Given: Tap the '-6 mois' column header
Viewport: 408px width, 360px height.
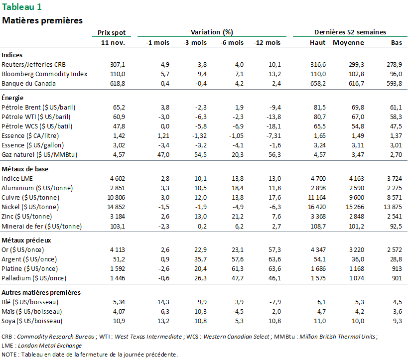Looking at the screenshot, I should (x=232, y=42).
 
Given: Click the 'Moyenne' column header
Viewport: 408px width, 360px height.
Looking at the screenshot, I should (x=348, y=42).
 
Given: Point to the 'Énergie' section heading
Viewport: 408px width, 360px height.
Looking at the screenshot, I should (x=13, y=98).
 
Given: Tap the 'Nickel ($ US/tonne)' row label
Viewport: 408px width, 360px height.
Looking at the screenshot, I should (x=31, y=207).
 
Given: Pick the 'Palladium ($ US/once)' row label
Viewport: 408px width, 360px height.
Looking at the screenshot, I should (x=33, y=278).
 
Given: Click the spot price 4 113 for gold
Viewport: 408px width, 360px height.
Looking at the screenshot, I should (x=116, y=249).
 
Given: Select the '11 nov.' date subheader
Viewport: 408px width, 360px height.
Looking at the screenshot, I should (x=113, y=42).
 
